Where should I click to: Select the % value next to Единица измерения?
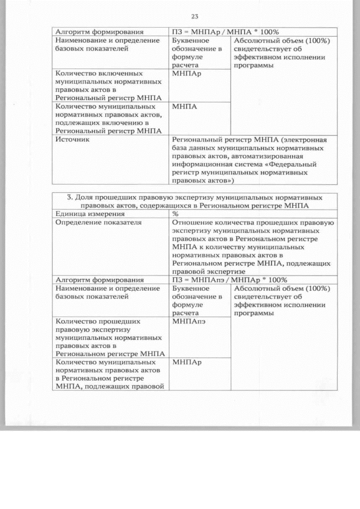click(x=175, y=214)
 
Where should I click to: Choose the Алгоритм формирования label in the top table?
click(x=98, y=31)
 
